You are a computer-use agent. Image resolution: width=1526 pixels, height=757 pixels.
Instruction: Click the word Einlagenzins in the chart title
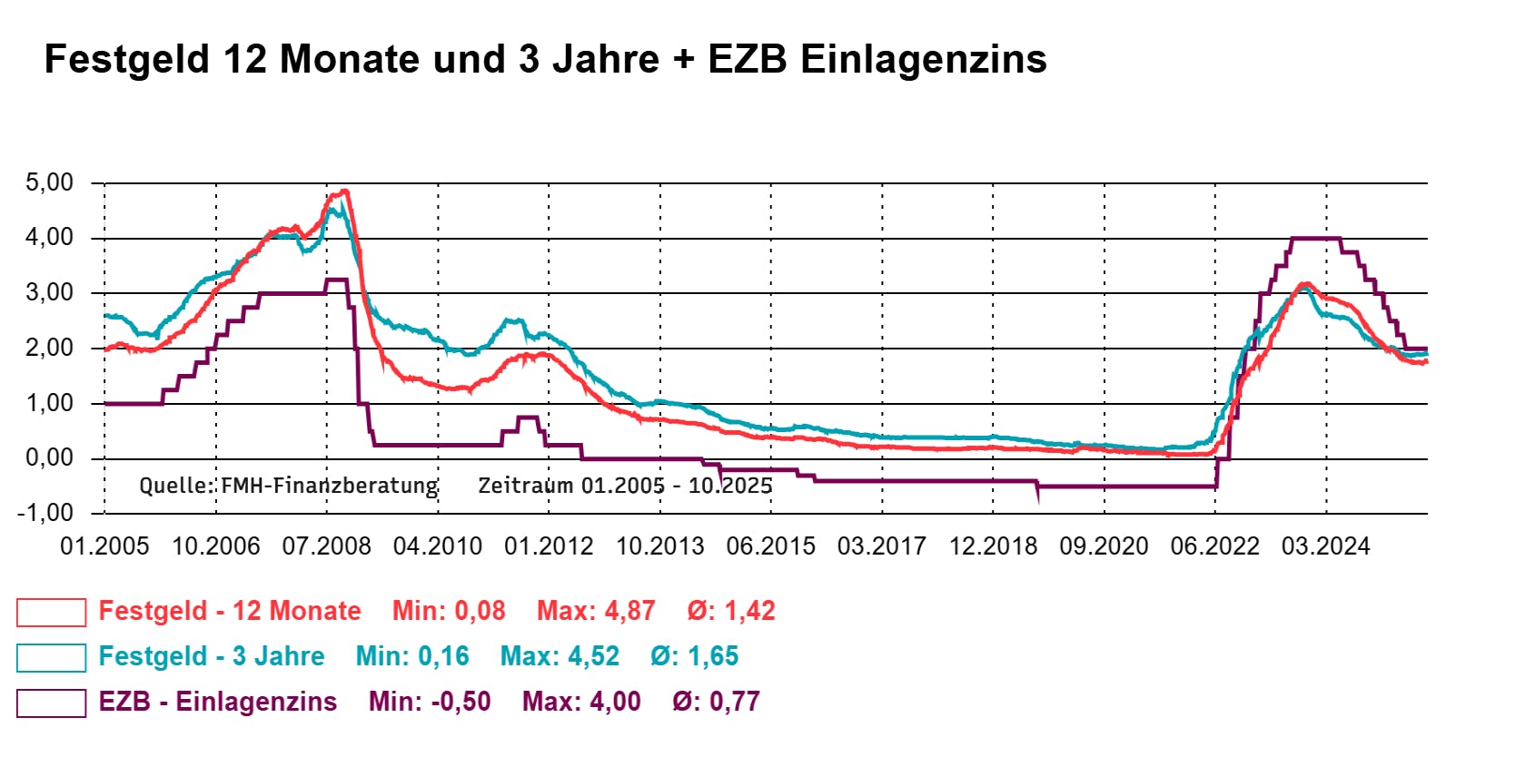click(923, 60)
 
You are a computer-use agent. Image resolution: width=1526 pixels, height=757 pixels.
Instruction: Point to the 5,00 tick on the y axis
click(50, 182)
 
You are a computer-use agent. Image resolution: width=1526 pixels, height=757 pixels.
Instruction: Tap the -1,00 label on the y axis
click(45, 513)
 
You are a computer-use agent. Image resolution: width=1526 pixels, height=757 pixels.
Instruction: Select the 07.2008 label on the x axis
click(327, 546)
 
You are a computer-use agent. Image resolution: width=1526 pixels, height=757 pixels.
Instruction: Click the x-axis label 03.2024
click(1325, 546)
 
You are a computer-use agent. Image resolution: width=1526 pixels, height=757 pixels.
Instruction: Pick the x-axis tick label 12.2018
click(993, 546)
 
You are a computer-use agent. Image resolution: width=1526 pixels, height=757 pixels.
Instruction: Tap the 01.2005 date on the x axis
click(104, 546)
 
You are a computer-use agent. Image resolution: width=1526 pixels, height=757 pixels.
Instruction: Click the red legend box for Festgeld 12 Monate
click(51, 612)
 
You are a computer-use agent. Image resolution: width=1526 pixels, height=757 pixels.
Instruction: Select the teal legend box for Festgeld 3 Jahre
click(51, 657)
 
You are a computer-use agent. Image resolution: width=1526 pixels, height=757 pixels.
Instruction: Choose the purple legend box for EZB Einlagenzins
click(51, 703)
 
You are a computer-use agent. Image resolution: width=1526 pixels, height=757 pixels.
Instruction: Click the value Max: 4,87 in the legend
click(596, 611)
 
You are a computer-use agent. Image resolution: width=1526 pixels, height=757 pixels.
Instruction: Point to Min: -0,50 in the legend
click(430, 702)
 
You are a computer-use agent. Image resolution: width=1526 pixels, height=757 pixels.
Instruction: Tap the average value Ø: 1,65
click(695, 656)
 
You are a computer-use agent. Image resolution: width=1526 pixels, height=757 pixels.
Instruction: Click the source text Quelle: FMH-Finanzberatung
click(289, 486)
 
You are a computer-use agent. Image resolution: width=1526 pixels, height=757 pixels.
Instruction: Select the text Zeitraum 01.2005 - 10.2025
click(625, 486)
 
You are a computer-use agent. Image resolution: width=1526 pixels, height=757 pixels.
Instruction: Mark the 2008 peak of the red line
click(343, 192)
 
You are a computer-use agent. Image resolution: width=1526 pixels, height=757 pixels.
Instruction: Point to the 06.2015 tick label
click(770, 546)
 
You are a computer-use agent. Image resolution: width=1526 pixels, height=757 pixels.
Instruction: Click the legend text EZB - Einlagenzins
click(218, 702)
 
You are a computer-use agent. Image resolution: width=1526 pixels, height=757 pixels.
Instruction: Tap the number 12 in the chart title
click(244, 60)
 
